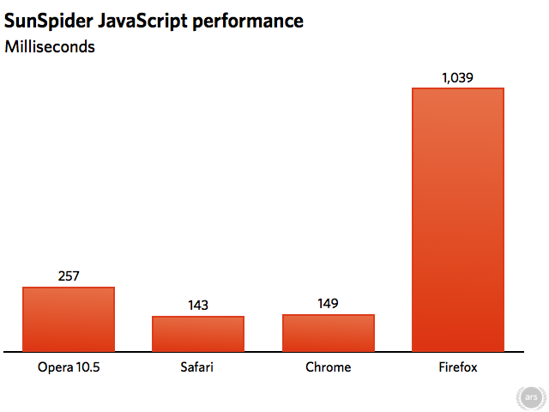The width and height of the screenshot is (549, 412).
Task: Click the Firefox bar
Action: pos(457,219)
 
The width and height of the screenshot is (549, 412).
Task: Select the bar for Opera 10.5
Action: pos(69,318)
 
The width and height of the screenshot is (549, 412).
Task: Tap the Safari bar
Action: pos(198,333)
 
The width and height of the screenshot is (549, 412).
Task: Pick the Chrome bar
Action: pos(328,332)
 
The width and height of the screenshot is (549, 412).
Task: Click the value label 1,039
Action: pos(457,78)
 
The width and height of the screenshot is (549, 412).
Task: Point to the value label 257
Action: pos(69,276)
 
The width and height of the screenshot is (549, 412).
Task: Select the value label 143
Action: pos(198,306)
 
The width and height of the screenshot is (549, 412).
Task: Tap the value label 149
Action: pos(328,304)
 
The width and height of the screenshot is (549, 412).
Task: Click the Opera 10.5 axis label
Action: pos(69,368)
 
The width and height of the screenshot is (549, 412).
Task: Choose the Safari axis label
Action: pos(198,368)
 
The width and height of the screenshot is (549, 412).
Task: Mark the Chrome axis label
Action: pos(328,368)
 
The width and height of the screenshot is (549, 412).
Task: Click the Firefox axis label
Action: pos(457,368)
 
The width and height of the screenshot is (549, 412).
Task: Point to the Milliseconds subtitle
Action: pos(50,46)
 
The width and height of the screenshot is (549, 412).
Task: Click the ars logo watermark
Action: pos(530,397)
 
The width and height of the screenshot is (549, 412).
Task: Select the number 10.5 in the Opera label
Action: pos(87,368)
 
